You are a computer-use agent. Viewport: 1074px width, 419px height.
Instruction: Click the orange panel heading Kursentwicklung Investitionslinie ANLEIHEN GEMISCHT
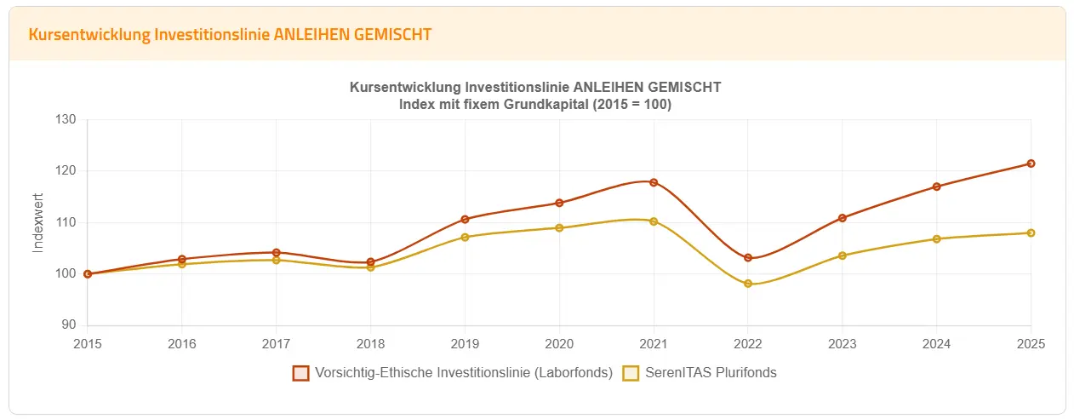(230, 35)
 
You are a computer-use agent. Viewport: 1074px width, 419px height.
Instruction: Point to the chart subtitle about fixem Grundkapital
(535, 105)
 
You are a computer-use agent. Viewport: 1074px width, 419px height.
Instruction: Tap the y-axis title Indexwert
(37, 223)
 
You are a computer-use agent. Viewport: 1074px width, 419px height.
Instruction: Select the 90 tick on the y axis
(70, 325)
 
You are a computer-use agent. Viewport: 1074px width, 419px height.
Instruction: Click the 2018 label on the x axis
(370, 344)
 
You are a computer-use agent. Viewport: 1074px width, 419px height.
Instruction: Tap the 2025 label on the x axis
(1031, 344)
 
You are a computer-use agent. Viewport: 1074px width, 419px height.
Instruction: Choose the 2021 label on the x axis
(654, 344)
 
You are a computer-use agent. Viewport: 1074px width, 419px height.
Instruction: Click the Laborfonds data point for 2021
(654, 182)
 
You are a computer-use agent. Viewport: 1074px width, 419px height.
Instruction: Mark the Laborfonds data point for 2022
(748, 258)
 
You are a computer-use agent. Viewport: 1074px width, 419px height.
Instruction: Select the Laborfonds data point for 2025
(1031, 164)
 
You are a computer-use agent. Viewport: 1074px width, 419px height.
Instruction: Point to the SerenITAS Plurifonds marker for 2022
(748, 284)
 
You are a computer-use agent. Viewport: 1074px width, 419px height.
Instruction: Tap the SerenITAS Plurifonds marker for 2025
(1031, 232)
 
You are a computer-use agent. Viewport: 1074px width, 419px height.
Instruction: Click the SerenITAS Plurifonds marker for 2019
(465, 237)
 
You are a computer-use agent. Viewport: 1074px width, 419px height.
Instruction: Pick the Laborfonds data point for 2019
(465, 220)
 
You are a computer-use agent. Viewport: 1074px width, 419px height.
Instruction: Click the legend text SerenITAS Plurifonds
(711, 373)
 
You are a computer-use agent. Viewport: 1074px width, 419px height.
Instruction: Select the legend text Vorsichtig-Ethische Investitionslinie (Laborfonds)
(464, 373)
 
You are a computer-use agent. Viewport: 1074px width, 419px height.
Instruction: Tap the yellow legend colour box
(631, 373)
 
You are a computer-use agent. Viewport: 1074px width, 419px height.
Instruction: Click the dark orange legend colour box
(300, 373)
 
